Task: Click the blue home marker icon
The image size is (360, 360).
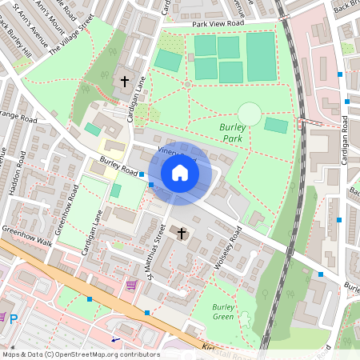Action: pyautogui.click(x=180, y=173)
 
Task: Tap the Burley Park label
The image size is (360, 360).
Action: pyautogui.click(x=234, y=132)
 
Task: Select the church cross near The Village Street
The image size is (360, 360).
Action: pyautogui.click(x=124, y=81)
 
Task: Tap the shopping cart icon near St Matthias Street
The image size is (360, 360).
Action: pyautogui.click(x=131, y=285)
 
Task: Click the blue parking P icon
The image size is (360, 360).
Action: pyautogui.click(x=12, y=318)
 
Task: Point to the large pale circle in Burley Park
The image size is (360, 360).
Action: pyautogui.click(x=250, y=114)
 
